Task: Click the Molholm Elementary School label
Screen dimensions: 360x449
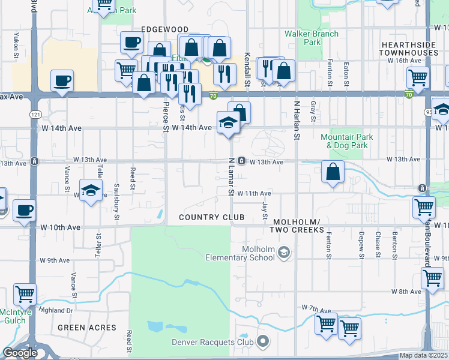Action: (x=248, y=254)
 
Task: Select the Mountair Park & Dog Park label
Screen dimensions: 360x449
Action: (x=346, y=141)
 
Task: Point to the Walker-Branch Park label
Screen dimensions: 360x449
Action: (x=312, y=38)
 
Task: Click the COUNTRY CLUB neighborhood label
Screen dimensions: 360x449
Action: (x=212, y=217)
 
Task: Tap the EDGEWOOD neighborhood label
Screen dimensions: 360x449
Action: (x=164, y=29)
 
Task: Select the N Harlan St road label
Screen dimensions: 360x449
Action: (x=296, y=120)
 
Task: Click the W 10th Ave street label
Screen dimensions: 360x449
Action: (x=61, y=227)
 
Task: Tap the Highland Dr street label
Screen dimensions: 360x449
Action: (x=55, y=310)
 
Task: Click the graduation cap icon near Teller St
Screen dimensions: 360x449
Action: (x=90, y=191)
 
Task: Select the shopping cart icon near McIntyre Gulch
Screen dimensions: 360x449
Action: (x=25, y=294)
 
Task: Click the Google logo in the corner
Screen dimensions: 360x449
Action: (x=20, y=353)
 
